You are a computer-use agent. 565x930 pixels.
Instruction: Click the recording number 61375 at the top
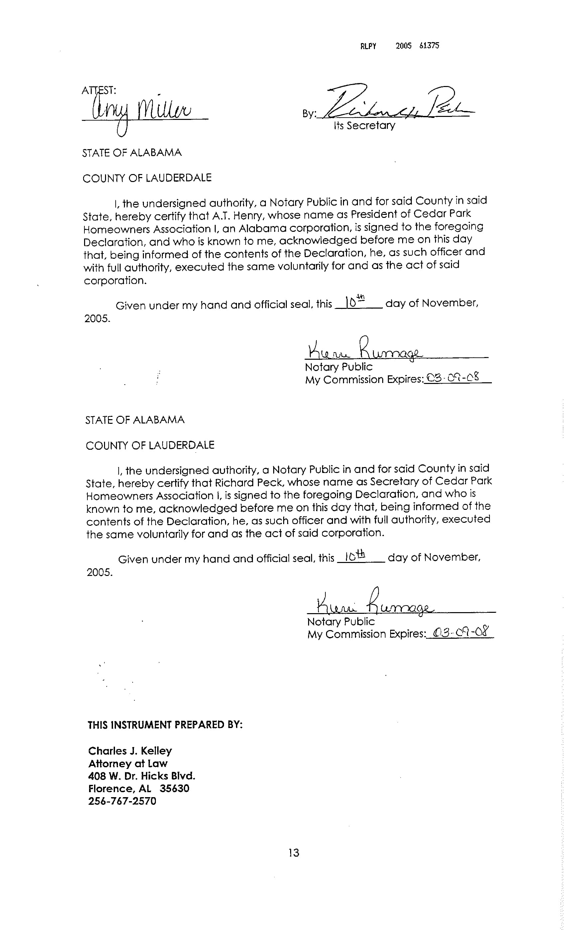click(429, 46)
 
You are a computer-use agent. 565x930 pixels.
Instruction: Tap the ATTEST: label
click(99, 91)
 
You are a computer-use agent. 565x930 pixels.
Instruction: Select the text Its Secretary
click(364, 126)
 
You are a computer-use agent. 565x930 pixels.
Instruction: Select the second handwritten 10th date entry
click(355, 556)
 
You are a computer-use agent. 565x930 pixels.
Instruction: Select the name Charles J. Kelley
click(130, 751)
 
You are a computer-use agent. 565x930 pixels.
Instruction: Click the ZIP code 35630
click(174, 789)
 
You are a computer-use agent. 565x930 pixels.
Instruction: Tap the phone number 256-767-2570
click(122, 801)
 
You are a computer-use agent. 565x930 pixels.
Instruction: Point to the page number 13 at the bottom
click(293, 853)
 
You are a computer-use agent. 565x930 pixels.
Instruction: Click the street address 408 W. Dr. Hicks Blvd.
click(142, 776)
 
